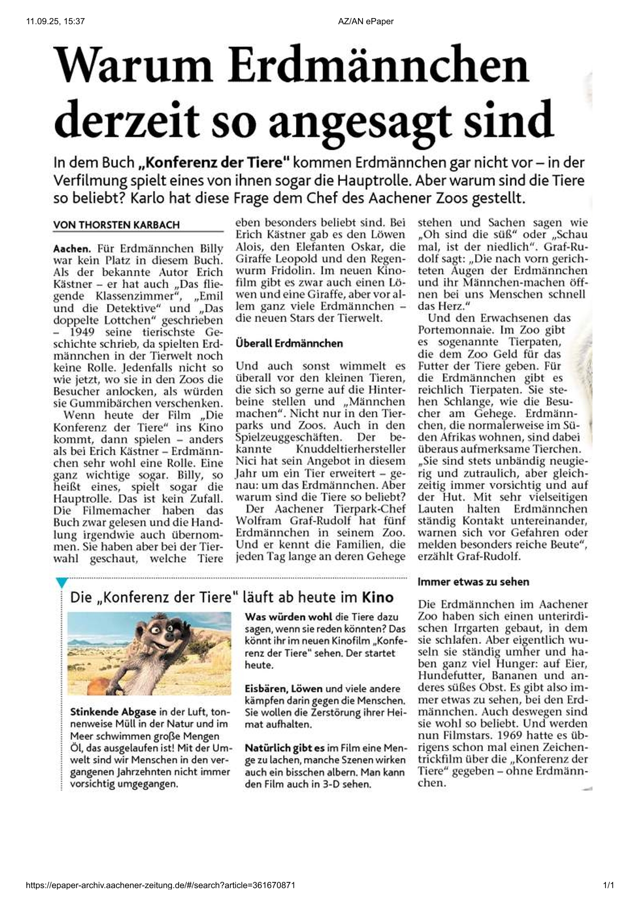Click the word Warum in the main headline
click(133, 66)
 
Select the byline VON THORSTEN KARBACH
click(116, 225)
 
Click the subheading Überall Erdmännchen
click(289, 343)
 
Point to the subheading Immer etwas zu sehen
click(473, 582)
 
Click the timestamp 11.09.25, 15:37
click(55, 21)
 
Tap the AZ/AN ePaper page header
click(366, 21)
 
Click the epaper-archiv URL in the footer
click(161, 885)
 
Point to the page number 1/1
click(608, 885)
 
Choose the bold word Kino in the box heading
click(378, 597)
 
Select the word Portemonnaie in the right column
click(450, 330)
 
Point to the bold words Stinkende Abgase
click(113, 712)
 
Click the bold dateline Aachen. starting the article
click(72, 249)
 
